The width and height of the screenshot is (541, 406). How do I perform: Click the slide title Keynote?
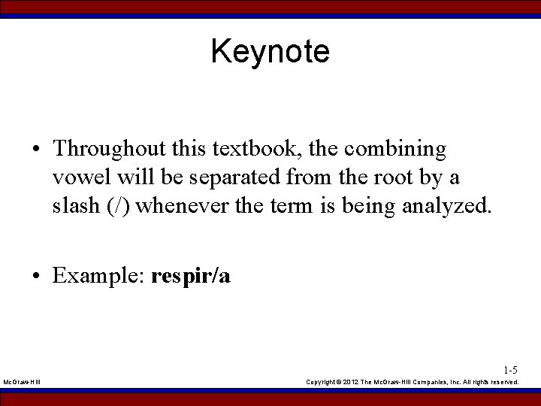(x=270, y=52)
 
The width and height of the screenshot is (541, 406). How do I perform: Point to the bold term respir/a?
(x=191, y=277)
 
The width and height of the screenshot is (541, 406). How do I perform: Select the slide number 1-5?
(x=510, y=370)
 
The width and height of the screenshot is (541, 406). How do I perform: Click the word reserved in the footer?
(x=503, y=383)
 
